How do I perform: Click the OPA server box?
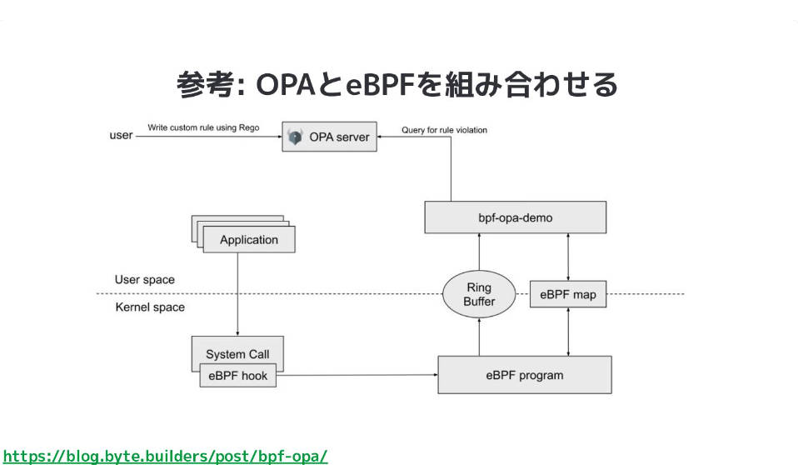pos(329,137)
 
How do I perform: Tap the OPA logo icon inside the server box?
pos(295,137)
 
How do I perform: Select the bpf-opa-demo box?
pos(515,217)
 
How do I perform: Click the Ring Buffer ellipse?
pos(479,294)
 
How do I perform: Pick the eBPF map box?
pos(568,294)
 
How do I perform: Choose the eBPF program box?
pos(525,375)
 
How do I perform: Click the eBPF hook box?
pos(237,375)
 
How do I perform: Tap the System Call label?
pos(237,354)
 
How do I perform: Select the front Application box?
pos(249,239)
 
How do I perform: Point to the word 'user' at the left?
pos(121,135)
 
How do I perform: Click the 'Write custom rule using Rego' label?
pos(203,127)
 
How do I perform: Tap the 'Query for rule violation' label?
pos(444,130)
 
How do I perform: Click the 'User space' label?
pos(145,280)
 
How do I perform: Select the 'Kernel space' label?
pos(150,307)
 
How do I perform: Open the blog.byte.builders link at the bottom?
pos(166,456)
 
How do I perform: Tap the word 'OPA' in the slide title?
pos(286,84)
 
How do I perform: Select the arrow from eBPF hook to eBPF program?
pos(357,375)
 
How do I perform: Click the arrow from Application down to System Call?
pos(237,294)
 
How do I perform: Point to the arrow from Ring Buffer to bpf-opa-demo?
pos(479,252)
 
